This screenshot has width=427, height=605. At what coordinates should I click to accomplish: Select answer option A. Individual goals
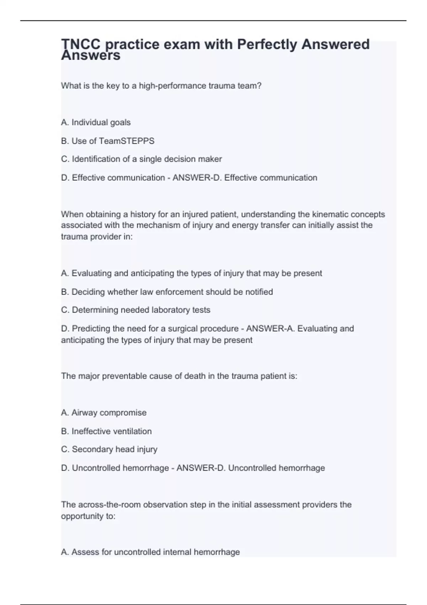pyautogui.click(x=96, y=122)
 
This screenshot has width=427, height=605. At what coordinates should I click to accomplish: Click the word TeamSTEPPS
pyautogui.click(x=126, y=141)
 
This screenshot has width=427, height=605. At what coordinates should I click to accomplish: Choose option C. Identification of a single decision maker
pyautogui.click(x=141, y=159)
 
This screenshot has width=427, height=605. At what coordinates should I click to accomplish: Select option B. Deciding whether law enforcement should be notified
pyautogui.click(x=167, y=292)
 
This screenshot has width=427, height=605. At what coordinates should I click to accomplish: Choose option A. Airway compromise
pyautogui.click(x=104, y=413)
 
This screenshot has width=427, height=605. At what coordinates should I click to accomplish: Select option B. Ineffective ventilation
pyautogui.click(x=106, y=431)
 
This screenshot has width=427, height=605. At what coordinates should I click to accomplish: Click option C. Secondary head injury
pyautogui.click(x=109, y=449)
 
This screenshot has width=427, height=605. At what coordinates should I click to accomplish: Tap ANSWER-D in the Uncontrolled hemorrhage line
pyautogui.click(x=201, y=468)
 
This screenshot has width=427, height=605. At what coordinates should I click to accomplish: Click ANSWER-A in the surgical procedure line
pyautogui.click(x=270, y=328)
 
